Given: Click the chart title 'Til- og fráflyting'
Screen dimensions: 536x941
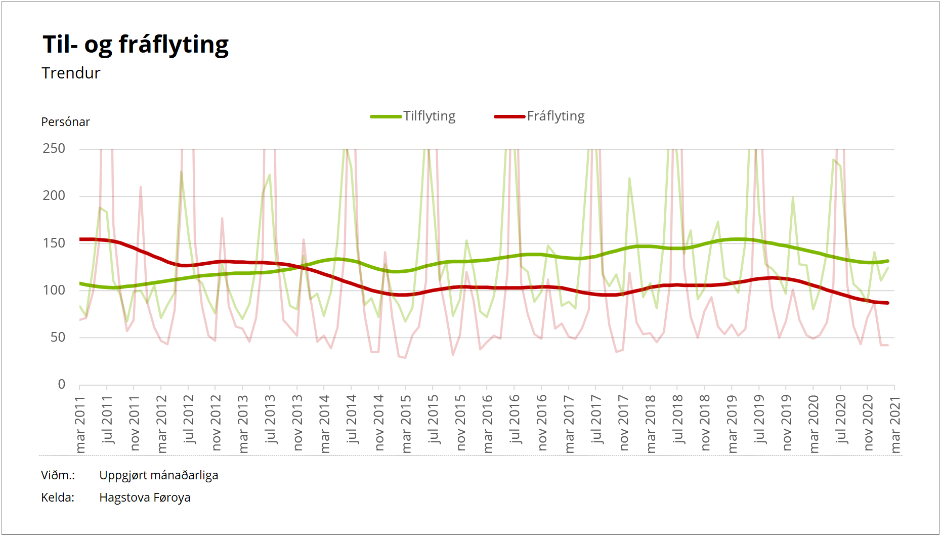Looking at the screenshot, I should pos(136,45).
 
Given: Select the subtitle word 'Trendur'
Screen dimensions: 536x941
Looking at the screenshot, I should pos(71,73).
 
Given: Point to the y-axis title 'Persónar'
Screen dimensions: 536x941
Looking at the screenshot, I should pos(65,122).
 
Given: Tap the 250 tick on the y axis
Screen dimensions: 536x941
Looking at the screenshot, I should pos(54,149).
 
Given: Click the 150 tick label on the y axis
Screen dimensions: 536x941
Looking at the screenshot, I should pos(54,243).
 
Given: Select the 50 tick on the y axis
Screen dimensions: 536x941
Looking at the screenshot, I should pos(58,338).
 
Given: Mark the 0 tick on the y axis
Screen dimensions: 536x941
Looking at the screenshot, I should pos(62,385).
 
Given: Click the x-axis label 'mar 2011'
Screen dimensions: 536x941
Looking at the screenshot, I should pos(80,424).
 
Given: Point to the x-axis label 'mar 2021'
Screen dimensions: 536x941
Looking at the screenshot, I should pos(895,424).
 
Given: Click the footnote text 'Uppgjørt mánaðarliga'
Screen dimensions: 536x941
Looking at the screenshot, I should pos(159,476).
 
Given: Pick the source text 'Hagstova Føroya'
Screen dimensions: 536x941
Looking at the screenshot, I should pos(145,498).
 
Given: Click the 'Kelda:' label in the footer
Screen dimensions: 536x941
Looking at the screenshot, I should pos(58,498).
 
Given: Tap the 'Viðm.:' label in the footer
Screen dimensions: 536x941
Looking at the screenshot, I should pos(58,476).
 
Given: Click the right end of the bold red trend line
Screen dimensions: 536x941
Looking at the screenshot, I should pos(887,303).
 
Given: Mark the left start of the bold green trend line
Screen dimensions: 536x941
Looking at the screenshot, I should pos(80,283).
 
